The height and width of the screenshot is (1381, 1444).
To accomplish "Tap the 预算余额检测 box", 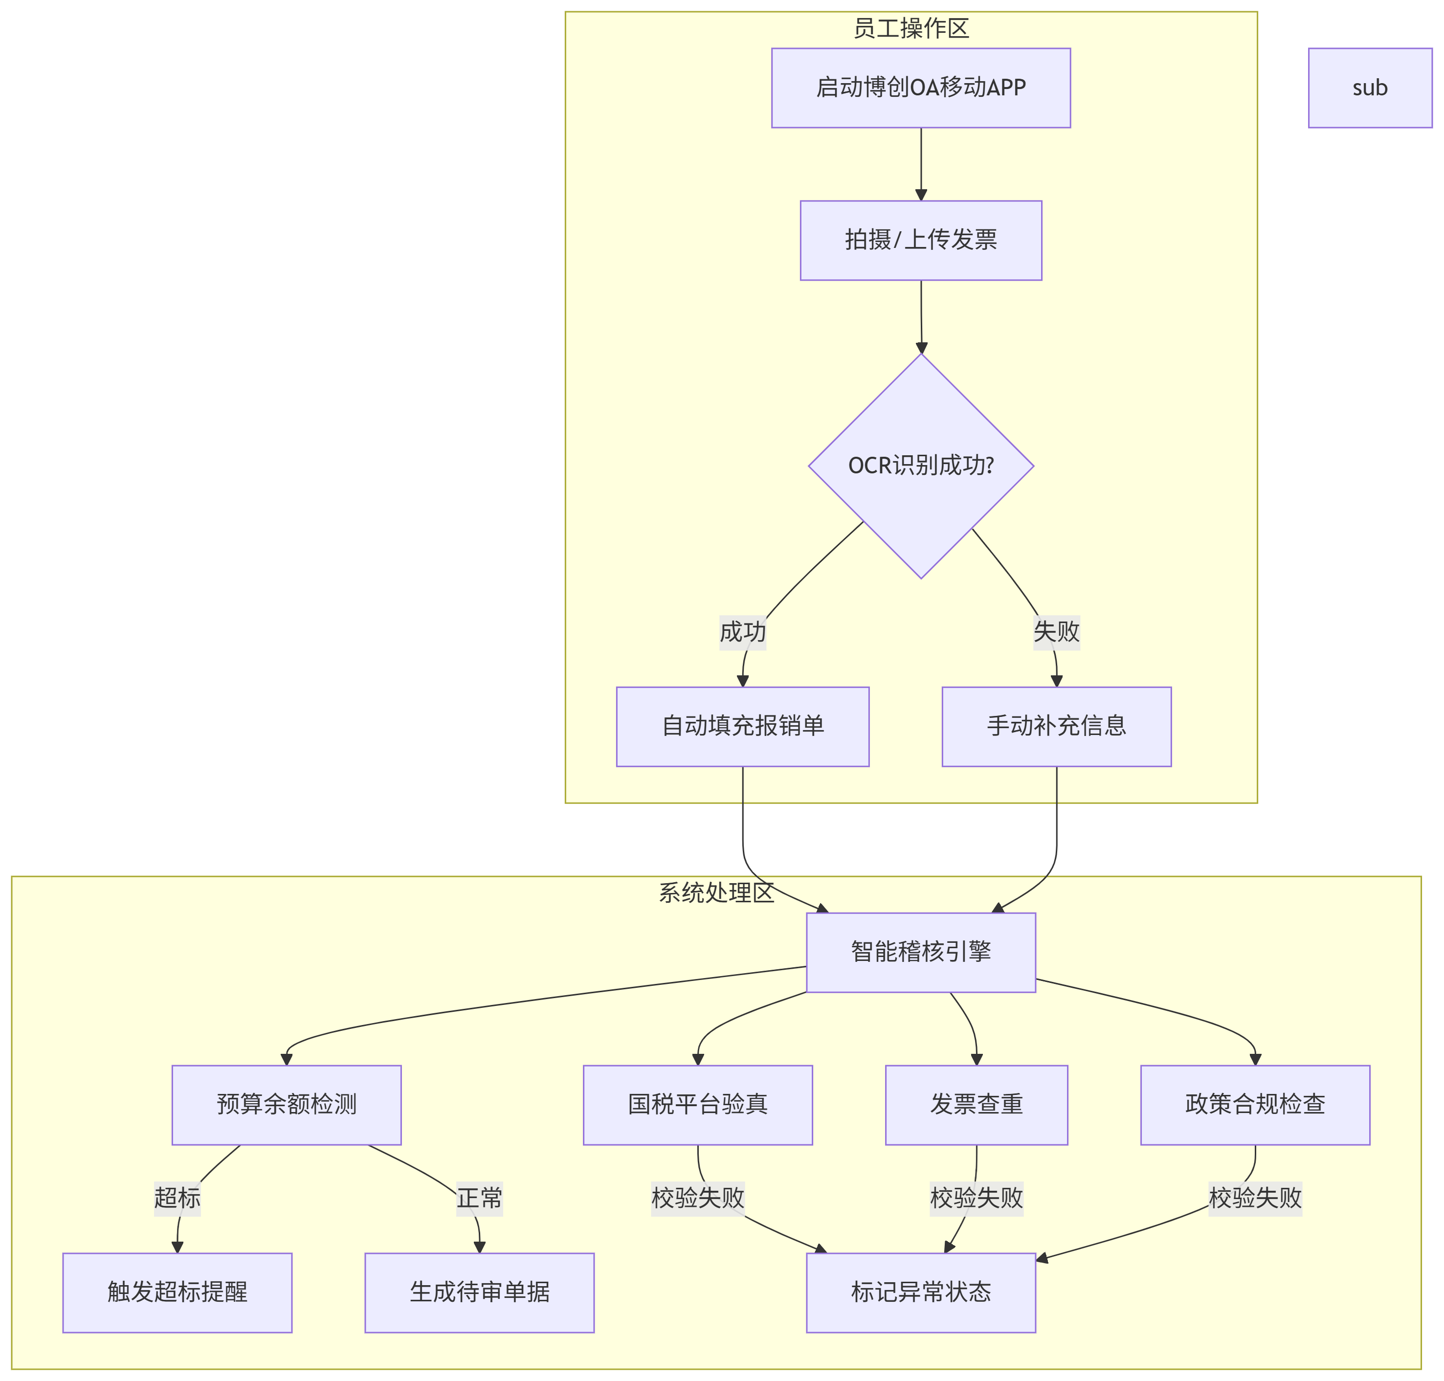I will click(x=286, y=1104).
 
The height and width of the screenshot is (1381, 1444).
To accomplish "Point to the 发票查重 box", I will click(x=976, y=1104).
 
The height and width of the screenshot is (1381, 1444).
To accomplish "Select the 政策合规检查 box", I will click(x=1254, y=1104).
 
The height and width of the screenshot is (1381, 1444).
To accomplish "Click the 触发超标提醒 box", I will click(x=178, y=1292).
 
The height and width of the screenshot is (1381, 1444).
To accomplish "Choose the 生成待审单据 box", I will click(x=479, y=1292).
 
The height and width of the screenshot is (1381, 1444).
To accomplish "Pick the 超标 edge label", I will click(x=178, y=1198).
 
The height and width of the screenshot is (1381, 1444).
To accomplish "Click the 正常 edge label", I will click(x=479, y=1198).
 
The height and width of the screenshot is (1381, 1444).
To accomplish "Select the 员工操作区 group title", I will click(x=911, y=28).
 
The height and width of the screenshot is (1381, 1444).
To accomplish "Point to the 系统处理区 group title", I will click(x=715, y=893).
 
